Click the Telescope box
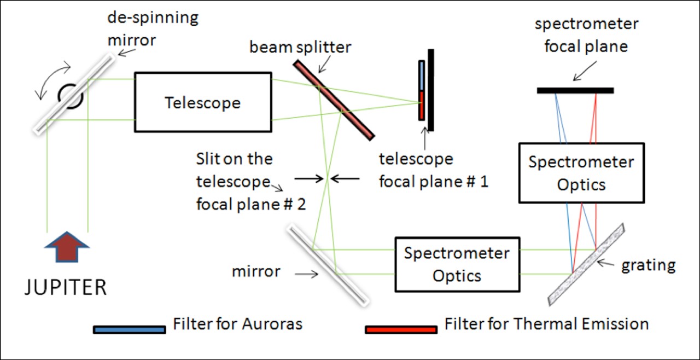(203, 102)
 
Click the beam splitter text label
(300, 47)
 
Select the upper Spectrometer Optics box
(581, 173)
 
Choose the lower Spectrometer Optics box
(457, 264)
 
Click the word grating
(649, 265)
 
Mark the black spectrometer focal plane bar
(575, 90)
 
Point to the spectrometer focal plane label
(587, 35)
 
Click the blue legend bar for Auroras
(129, 329)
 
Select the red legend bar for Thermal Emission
(401, 329)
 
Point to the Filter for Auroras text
(237, 323)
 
